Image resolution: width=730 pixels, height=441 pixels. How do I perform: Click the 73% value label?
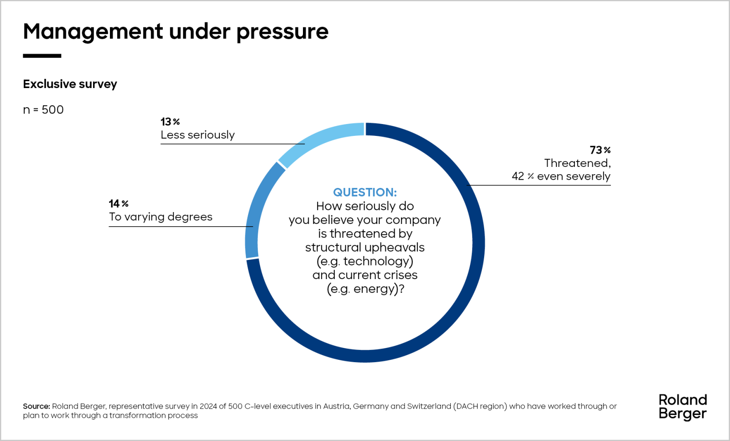click(600, 150)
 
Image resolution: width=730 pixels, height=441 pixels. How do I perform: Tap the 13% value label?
click(170, 122)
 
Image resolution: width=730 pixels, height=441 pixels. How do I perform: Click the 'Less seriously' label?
click(198, 135)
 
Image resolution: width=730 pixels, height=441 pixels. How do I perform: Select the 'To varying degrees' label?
click(161, 217)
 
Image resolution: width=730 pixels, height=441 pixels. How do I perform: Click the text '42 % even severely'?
click(561, 176)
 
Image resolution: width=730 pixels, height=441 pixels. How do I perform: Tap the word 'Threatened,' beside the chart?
click(577, 163)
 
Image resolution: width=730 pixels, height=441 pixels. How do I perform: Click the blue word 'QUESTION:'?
click(365, 192)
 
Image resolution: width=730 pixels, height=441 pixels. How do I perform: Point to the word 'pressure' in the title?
click(282, 32)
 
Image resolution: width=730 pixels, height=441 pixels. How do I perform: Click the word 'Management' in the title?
click(93, 32)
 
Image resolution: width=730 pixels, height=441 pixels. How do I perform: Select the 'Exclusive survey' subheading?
click(70, 84)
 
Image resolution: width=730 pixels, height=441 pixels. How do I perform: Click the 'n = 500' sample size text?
click(43, 110)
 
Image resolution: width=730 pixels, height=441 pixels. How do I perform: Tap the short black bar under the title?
click(42, 56)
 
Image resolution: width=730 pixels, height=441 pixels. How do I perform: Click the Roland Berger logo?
click(683, 407)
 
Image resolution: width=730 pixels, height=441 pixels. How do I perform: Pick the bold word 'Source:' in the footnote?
click(36, 406)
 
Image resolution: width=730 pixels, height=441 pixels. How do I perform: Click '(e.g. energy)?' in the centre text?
click(365, 289)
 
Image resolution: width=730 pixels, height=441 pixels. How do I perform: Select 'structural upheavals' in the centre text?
click(365, 248)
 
